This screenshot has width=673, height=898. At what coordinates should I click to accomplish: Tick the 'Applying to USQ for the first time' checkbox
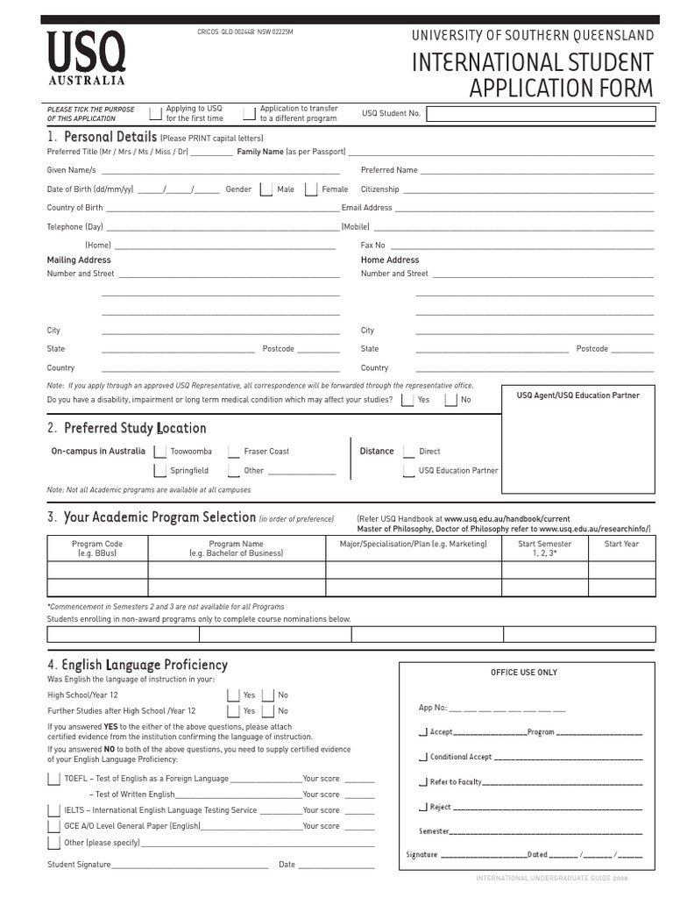coord(155,113)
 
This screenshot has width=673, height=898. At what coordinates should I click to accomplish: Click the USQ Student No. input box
coord(541,114)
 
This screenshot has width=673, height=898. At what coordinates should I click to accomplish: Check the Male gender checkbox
coord(266,189)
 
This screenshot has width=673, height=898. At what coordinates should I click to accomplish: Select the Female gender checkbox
coord(310,189)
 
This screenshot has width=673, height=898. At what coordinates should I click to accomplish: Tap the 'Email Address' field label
coord(367,208)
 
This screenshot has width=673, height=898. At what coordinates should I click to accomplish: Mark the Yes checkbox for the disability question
coord(407,400)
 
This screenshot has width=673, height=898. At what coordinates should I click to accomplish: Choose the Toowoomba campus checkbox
coord(160,452)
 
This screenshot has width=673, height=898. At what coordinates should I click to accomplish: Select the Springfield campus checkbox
coord(160,471)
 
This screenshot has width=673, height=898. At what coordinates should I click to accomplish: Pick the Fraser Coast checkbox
coord(233,452)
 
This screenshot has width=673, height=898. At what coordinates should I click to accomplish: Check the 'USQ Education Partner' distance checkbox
coord(409,471)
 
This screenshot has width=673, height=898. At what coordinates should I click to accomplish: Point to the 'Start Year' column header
coord(621,544)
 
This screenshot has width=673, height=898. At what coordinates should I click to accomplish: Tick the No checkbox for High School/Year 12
coord(268,695)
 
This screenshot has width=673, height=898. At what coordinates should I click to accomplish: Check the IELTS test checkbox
coord(53,810)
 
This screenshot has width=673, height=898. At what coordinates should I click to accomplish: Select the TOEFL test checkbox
coord(53,779)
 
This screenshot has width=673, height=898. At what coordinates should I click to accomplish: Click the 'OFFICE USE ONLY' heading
coord(523,673)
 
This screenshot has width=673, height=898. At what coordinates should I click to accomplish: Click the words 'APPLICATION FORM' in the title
coord(561,89)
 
